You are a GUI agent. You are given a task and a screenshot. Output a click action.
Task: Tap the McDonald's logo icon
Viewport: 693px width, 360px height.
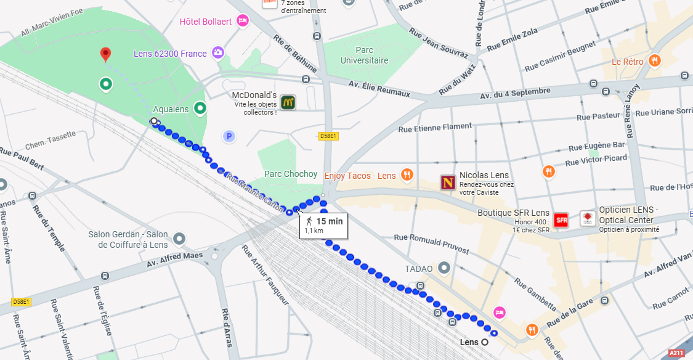(287, 102)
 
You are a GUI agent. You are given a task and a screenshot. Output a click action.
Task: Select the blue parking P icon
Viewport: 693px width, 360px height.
(230, 136)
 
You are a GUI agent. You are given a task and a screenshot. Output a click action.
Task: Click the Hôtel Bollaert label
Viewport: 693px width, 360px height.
(206, 22)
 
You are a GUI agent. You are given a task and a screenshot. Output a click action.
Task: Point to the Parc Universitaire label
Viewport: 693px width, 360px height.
(364, 55)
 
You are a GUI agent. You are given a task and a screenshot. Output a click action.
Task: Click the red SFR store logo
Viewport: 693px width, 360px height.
(561, 220)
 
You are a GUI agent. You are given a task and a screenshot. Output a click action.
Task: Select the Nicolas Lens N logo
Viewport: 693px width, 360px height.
(448, 182)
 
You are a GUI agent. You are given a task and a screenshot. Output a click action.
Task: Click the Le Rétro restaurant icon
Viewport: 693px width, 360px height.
(654, 61)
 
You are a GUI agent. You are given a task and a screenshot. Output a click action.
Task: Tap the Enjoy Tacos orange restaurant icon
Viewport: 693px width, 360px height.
(407, 176)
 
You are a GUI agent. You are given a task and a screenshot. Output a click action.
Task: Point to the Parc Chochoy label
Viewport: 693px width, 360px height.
(291, 174)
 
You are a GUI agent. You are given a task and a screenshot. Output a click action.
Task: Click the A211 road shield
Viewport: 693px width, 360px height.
(676, 353)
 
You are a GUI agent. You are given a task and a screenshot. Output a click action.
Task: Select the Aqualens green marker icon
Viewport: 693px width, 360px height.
(200, 109)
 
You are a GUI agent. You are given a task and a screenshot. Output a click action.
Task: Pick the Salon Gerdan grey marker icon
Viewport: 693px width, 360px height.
(179, 238)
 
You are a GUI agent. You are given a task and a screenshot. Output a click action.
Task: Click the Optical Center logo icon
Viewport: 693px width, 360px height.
(588, 219)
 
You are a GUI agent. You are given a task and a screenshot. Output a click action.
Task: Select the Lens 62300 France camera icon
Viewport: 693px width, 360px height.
(217, 53)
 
